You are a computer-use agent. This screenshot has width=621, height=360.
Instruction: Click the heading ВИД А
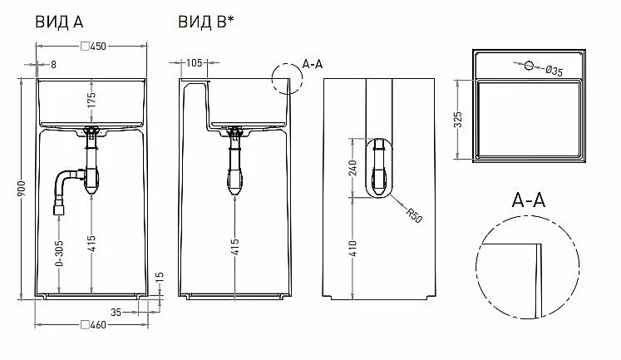tap(59, 22)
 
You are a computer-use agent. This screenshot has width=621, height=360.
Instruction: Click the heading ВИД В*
tap(206, 22)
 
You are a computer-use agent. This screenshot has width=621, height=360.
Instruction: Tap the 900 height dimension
tap(22, 188)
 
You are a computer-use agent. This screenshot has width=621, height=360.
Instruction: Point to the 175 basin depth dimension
tap(91, 101)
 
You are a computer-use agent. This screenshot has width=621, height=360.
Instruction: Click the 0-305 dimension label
tap(59, 254)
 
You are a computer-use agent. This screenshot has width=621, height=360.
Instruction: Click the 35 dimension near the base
tap(116, 313)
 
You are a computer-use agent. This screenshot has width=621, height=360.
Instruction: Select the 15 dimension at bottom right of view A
tap(160, 277)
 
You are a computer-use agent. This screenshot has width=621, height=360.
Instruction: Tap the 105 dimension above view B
tap(194, 63)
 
